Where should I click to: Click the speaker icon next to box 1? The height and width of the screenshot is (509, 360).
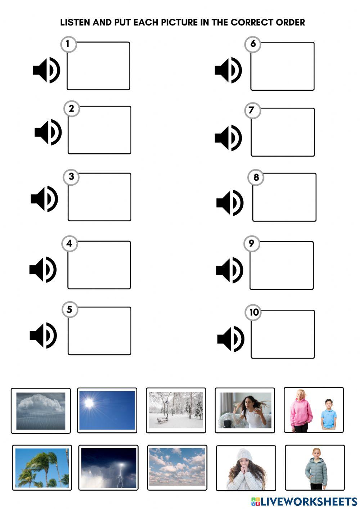[46, 70]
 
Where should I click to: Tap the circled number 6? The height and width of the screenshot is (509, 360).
[253, 44]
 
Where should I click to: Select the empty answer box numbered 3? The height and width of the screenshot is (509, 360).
[99, 197]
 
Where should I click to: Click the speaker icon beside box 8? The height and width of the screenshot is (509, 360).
[230, 203]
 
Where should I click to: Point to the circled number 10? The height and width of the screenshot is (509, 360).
[254, 312]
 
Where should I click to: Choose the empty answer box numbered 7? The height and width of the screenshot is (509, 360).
[283, 132]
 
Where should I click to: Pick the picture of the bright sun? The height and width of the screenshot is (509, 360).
[107, 410]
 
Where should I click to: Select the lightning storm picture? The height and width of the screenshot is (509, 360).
[108, 468]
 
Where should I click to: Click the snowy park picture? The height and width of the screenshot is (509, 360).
[176, 410]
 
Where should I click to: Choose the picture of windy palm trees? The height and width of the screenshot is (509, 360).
[42, 468]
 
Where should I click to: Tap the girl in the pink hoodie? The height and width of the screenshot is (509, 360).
[301, 410]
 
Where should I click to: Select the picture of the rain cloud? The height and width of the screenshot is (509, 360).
[41, 410]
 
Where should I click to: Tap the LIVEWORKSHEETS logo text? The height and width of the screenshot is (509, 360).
[308, 501]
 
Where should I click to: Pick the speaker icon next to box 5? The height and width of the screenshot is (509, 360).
[43, 335]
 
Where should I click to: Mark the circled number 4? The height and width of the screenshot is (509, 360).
[69, 243]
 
